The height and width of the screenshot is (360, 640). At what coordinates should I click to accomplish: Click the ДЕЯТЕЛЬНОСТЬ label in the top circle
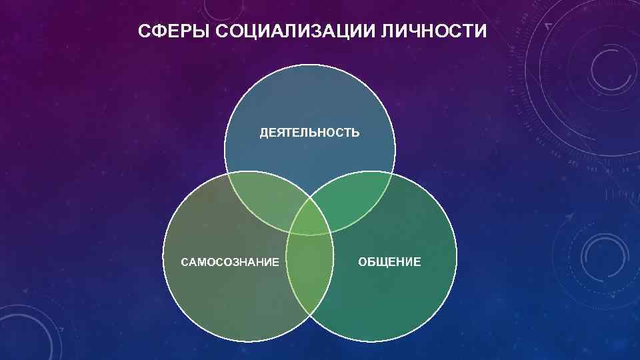point(309,133)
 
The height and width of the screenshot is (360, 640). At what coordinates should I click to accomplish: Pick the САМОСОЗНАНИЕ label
point(230,262)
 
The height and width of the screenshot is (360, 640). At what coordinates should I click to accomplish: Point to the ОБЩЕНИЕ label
point(389,262)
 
